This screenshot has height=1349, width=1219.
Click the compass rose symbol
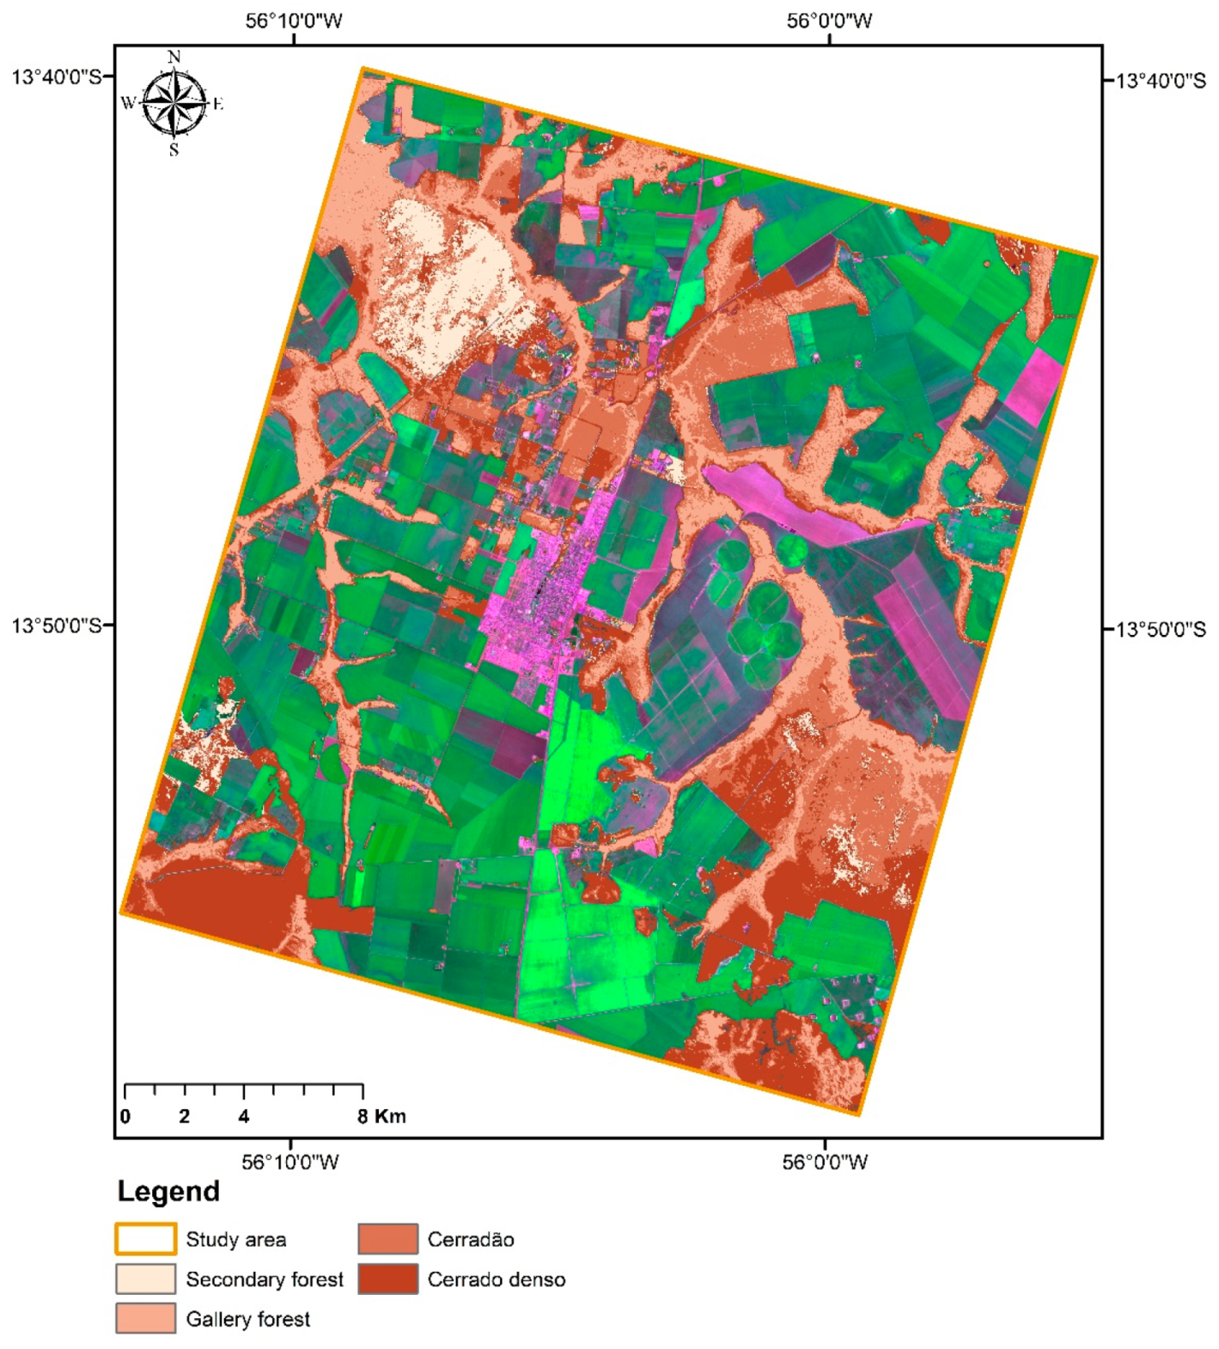point(174,104)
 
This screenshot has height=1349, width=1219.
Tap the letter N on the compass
point(174,57)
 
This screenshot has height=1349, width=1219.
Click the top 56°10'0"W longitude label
point(294,21)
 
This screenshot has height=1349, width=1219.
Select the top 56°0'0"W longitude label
point(829,21)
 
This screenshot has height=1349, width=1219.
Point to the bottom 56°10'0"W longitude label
point(290,1163)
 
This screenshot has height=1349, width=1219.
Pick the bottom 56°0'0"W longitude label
point(825,1163)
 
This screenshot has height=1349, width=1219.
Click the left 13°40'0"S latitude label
point(56,76)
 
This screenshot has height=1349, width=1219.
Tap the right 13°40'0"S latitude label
point(1161,81)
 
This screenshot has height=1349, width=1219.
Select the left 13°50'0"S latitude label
point(56,625)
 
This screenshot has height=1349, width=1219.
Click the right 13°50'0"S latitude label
point(1161,629)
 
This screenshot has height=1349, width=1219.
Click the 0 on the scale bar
point(125,1116)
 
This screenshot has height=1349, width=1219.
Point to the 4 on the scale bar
point(244,1116)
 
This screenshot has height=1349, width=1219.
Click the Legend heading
point(168,1192)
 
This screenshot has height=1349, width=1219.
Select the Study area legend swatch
point(145,1239)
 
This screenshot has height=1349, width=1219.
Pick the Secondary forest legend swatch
point(145,1279)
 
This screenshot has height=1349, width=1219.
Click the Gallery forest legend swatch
point(145,1318)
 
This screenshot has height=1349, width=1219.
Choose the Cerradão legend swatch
point(388,1239)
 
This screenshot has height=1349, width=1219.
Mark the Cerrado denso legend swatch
point(388,1279)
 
